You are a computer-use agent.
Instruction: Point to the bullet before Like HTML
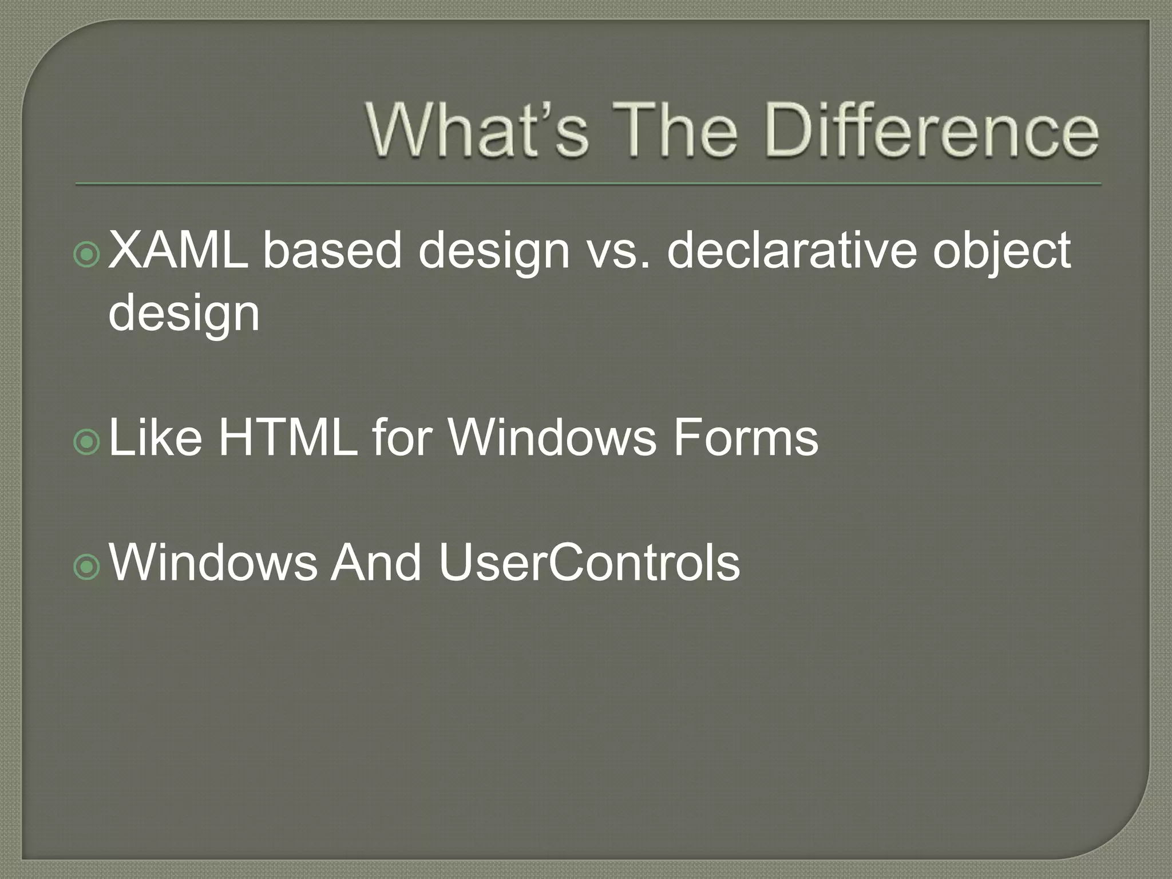[x=88, y=441]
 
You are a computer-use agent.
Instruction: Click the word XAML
[x=178, y=250]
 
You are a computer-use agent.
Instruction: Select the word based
[x=332, y=250]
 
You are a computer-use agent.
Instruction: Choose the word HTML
[x=288, y=437]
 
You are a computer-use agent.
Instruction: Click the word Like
[x=155, y=437]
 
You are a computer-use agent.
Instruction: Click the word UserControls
[x=589, y=563]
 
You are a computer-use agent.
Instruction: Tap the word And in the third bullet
[x=377, y=563]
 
